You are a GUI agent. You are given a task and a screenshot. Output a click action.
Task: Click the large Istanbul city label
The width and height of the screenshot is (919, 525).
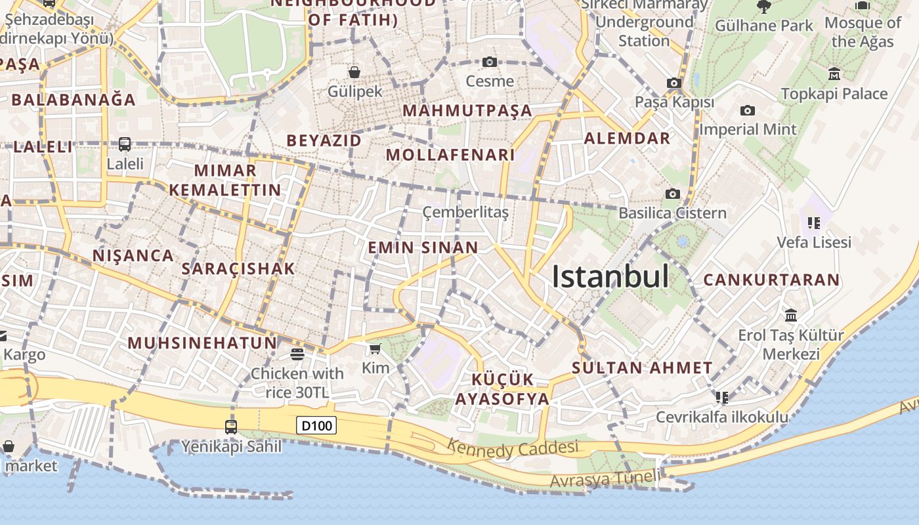tap(610, 276)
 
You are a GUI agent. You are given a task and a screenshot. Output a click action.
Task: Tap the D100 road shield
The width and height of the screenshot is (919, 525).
tap(317, 425)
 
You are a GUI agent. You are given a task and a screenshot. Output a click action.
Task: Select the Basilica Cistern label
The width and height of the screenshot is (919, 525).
tap(672, 213)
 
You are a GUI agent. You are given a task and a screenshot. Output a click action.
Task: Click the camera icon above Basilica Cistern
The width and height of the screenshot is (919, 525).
tap(672, 194)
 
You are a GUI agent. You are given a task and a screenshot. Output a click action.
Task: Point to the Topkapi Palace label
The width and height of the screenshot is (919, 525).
tap(834, 93)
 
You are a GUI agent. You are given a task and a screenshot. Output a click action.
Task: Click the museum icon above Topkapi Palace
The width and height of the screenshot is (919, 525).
tap(834, 73)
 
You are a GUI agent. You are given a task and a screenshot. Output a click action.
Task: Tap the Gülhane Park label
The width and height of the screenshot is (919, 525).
tap(763, 26)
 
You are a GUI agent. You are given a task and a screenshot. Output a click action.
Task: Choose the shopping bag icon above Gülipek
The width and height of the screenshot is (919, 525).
tap(354, 72)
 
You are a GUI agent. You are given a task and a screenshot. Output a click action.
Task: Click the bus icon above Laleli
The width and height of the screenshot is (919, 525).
tap(125, 144)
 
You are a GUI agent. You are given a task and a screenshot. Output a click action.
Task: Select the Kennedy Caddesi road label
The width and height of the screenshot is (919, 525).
tap(513, 450)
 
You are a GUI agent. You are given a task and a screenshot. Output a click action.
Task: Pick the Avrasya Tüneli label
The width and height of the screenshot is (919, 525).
tap(603, 479)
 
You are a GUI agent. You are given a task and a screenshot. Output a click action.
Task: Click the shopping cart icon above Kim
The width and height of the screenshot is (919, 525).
tap(375, 348)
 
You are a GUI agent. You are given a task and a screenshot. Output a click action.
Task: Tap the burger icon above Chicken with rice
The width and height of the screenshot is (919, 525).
tap(297, 354)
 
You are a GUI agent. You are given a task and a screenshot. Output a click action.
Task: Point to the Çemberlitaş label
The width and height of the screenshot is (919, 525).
tap(465, 211)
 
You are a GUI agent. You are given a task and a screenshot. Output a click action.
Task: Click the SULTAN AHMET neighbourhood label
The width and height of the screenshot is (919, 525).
tap(642, 368)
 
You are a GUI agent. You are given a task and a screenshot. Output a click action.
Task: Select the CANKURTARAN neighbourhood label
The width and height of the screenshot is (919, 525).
tap(771, 280)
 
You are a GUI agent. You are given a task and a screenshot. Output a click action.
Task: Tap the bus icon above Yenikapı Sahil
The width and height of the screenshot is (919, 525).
tap(231, 427)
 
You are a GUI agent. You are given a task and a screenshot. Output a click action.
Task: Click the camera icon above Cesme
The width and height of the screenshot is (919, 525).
tap(489, 62)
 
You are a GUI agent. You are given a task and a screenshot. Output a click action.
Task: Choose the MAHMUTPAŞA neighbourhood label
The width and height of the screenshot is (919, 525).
tap(467, 110)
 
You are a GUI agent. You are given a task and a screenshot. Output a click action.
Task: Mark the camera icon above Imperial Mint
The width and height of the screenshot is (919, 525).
tap(747, 110)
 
